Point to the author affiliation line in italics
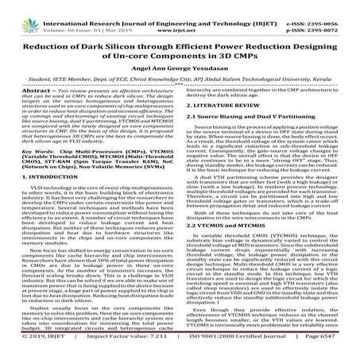point(180,82)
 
